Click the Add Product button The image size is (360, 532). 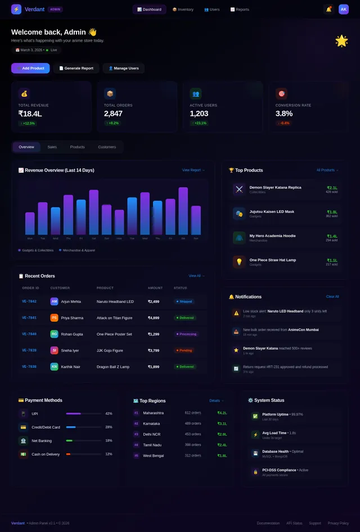coord(30,68)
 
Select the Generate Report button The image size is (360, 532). coord(76,68)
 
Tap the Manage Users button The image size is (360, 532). coord(123,68)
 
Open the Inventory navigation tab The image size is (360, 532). coord(183,10)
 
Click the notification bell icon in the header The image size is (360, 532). coord(328,9)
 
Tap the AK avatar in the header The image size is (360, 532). coord(344,9)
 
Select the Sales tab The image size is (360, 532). coord(52,147)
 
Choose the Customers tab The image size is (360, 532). coord(107,147)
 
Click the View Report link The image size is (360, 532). coord(193,170)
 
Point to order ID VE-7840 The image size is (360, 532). coord(29,333)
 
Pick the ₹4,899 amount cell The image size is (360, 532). coord(154,318)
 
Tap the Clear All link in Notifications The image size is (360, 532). coord(332,296)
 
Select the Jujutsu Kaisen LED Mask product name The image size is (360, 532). coord(272,212)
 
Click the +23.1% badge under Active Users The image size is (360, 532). coord(199,123)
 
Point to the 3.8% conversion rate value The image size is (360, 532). coord(283,114)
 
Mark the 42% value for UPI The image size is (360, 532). coord(109,413)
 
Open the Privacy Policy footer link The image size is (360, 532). coord(338,523)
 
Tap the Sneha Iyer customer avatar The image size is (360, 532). coord(54,350)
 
